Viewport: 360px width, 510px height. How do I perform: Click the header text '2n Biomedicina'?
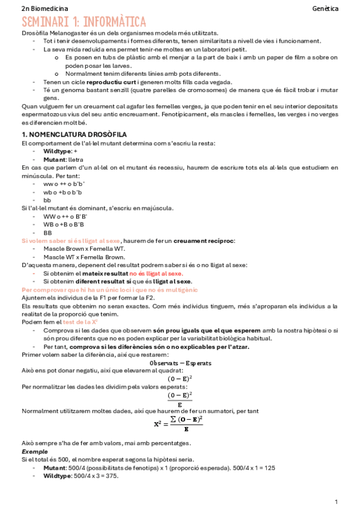tap(44, 9)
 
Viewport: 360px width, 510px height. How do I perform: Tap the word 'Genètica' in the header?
tap(325, 9)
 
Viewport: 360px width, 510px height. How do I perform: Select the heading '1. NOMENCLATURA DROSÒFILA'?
tap(73, 134)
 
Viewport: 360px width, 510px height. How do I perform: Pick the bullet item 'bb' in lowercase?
tap(47, 200)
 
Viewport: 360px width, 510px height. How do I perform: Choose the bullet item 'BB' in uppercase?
tap(47, 232)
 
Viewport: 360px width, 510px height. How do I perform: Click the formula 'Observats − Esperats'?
tap(180, 363)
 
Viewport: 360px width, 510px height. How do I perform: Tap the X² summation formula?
tap(179, 425)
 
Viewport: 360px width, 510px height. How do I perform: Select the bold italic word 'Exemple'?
tap(34, 451)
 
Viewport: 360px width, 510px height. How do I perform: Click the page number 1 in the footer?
tap(337, 501)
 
